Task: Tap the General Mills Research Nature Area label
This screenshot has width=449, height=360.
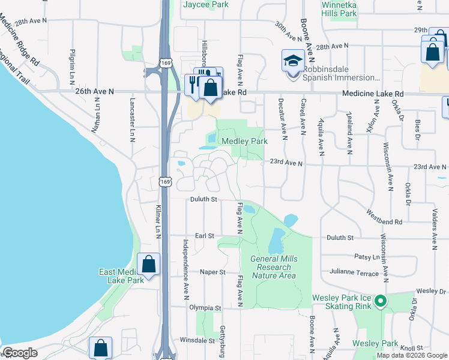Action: click(274, 267)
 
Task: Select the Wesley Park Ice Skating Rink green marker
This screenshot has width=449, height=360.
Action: click(379, 301)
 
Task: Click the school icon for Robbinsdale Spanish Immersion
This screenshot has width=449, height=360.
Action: click(293, 61)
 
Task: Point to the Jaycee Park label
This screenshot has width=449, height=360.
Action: click(206, 4)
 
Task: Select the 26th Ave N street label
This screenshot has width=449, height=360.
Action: click(95, 91)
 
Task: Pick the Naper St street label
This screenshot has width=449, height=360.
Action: click(212, 272)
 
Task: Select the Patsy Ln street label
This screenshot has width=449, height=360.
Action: click(367, 257)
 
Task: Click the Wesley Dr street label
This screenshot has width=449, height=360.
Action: click(432, 291)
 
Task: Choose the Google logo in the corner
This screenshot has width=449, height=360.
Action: click(20, 353)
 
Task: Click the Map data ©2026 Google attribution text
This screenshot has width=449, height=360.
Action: click(412, 355)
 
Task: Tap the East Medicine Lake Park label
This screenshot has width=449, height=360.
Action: click(121, 276)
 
